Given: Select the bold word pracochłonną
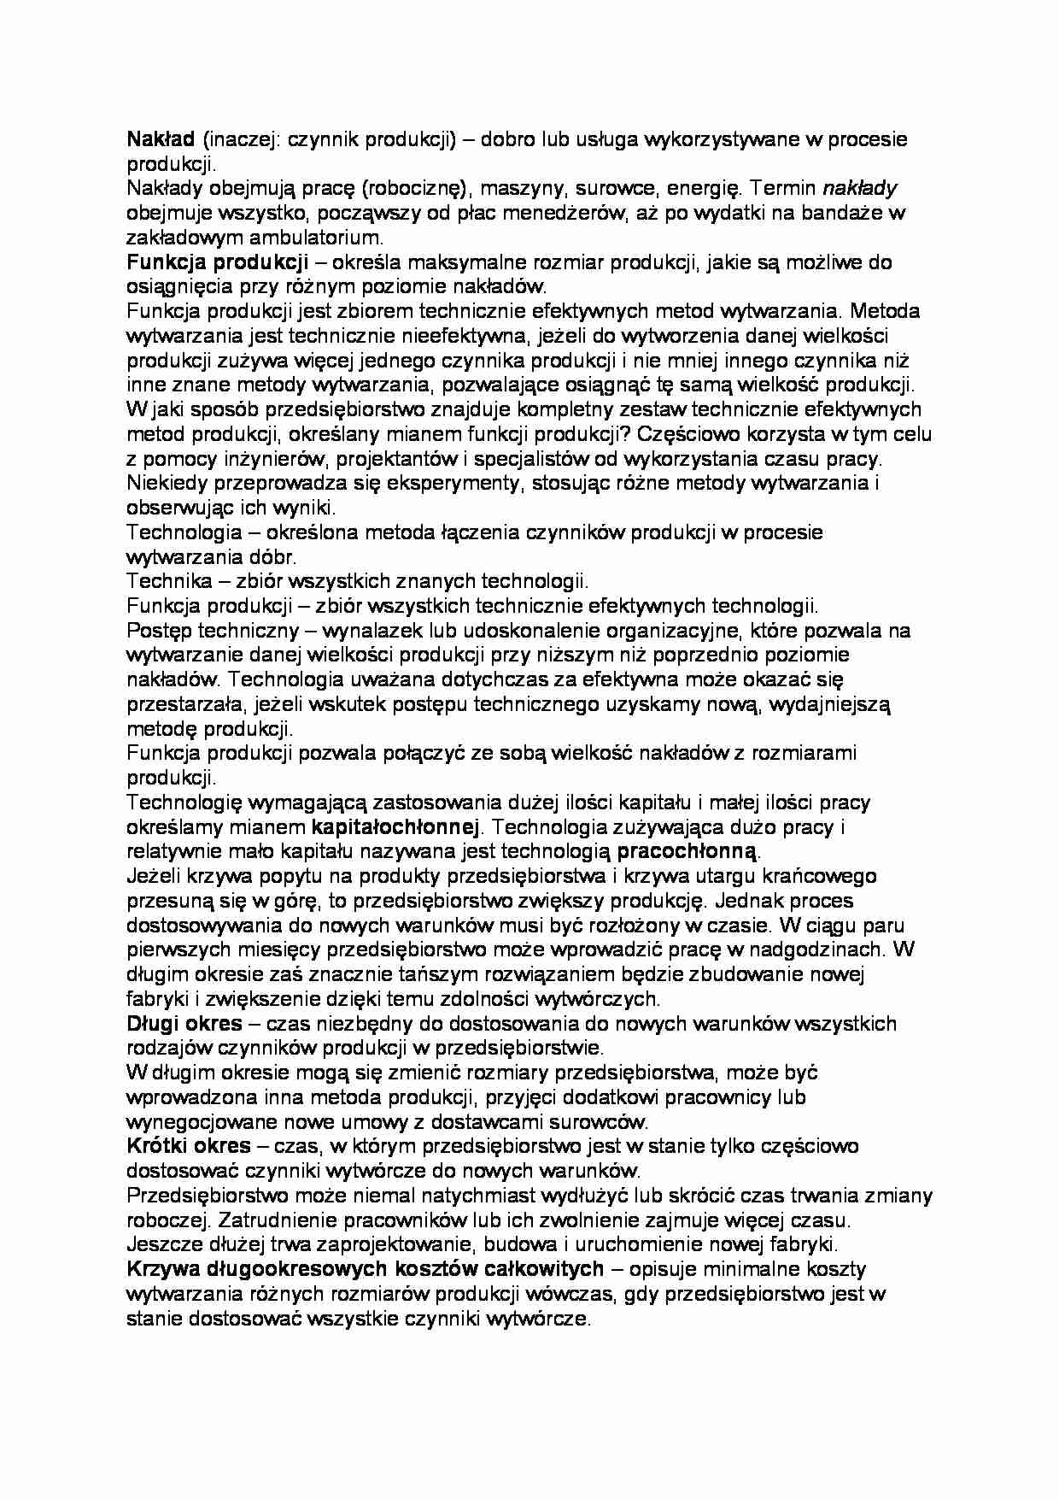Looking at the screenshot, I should [686, 851].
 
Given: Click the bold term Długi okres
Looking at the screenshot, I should [184, 1023].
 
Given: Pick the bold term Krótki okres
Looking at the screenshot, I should [189, 1146].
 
